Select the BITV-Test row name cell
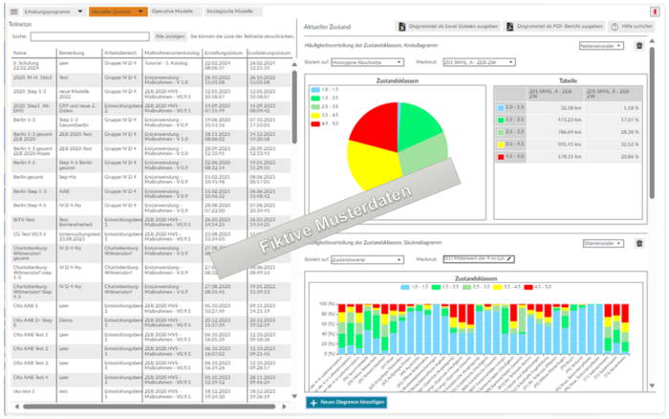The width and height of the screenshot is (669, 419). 28,219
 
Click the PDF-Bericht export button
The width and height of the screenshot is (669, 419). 555,26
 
